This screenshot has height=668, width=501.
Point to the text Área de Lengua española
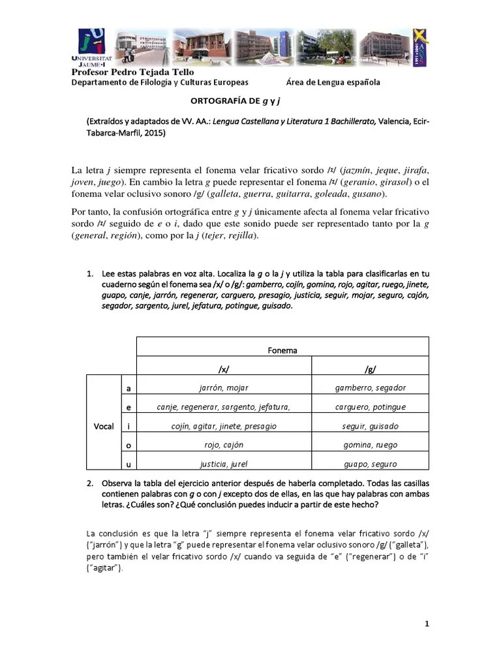tap(333, 82)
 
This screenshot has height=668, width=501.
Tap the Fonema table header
tap(282, 350)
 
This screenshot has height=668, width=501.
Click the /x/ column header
tap(224, 367)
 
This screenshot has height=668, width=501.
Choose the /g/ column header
tap(370, 367)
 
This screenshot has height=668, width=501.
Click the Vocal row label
tap(104, 426)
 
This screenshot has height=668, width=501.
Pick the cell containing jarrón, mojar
tap(224, 387)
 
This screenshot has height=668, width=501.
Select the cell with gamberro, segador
tap(370, 387)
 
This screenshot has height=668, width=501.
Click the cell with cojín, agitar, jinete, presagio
tap(224, 426)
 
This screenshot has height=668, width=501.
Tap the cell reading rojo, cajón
tap(224, 445)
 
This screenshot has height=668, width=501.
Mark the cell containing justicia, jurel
tap(224, 464)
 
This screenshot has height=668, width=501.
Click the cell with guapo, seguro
tap(370, 464)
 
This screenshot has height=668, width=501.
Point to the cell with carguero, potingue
tap(370, 407)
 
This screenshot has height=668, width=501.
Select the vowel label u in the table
tap(129, 464)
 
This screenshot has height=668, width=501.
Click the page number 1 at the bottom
tap(427, 624)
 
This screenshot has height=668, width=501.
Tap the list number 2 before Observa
tap(90, 483)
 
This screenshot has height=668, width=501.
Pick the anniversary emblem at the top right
tap(421, 47)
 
